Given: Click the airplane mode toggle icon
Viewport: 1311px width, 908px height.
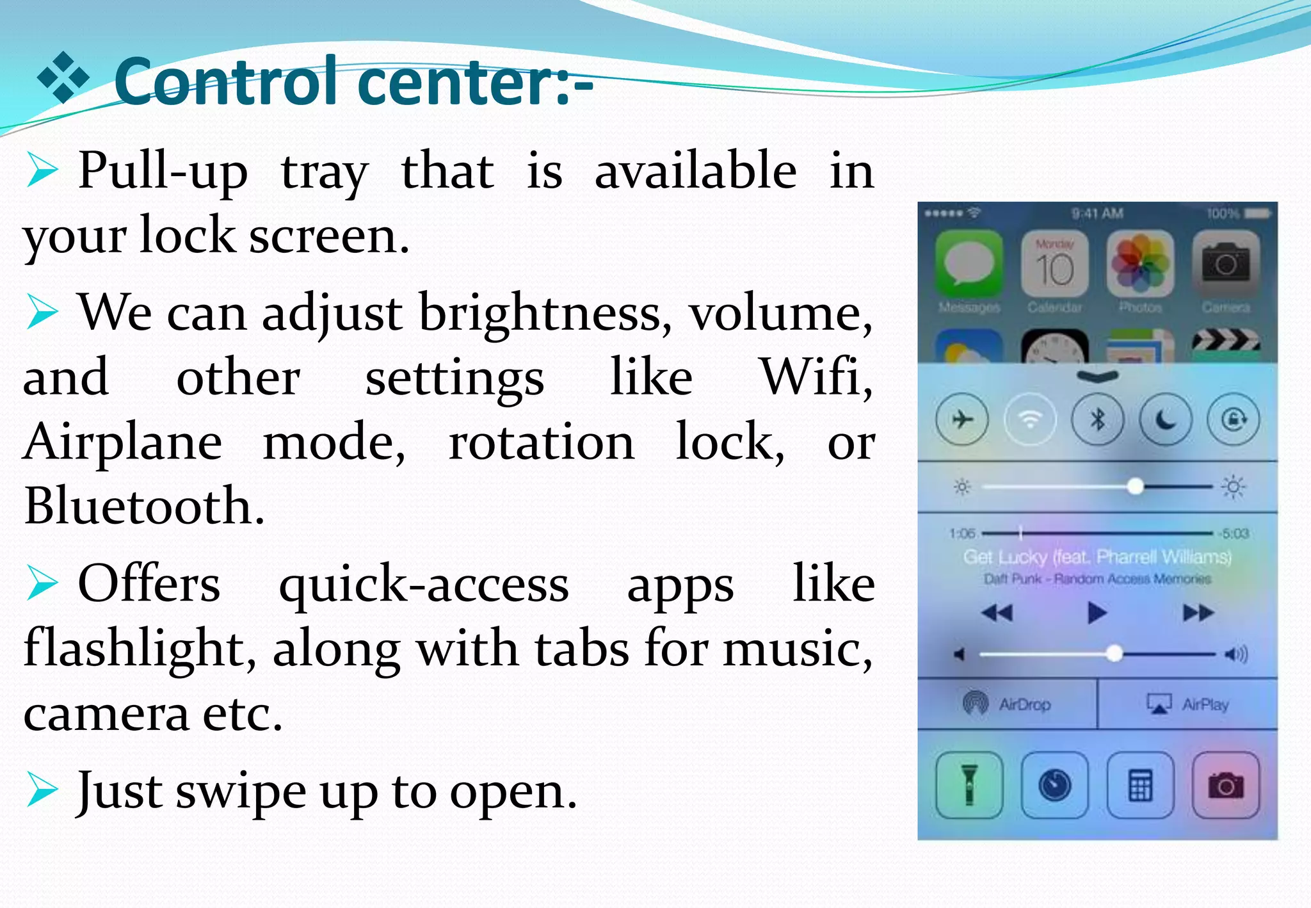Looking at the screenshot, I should click(x=961, y=420).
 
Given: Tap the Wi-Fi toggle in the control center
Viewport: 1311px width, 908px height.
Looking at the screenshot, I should click(x=1029, y=420).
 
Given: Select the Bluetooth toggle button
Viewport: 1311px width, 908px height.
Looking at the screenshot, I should click(x=1098, y=420).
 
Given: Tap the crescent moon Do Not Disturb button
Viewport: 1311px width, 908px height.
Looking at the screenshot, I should click(x=1166, y=420).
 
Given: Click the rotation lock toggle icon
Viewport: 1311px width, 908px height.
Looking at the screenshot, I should click(x=1234, y=420).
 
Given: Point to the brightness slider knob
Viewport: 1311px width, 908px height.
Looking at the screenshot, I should click(x=1136, y=487).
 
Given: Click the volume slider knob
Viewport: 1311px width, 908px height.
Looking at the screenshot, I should click(x=1114, y=654).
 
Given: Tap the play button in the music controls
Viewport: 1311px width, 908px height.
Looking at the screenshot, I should click(x=1097, y=613).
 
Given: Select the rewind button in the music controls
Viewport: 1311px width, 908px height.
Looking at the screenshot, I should click(x=997, y=613).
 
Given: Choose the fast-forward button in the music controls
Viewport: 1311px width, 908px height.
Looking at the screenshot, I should click(x=1198, y=613).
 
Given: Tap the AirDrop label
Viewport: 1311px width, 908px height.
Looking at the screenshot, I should click(x=1024, y=704).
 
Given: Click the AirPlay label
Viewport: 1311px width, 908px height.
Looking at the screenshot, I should click(x=1205, y=704).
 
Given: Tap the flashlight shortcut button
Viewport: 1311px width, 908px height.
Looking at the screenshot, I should click(x=969, y=785).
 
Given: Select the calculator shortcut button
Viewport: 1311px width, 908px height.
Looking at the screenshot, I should click(x=1141, y=785).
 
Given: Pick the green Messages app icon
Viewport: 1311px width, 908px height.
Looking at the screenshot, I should click(x=969, y=264).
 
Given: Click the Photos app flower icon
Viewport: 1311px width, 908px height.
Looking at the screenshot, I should click(x=1140, y=264).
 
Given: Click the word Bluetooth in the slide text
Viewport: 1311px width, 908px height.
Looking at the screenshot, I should click(x=145, y=506).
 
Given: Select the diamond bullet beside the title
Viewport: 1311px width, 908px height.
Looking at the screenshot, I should click(x=63, y=78).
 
